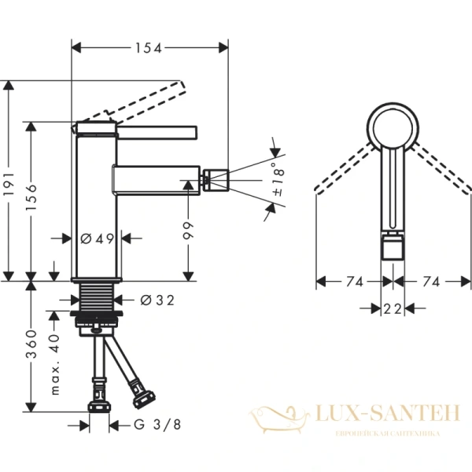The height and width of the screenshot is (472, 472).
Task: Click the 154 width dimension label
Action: point(148,49)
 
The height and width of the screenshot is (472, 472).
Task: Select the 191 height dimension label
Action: point(10,186)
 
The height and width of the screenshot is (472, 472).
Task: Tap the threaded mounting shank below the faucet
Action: point(98,299)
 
